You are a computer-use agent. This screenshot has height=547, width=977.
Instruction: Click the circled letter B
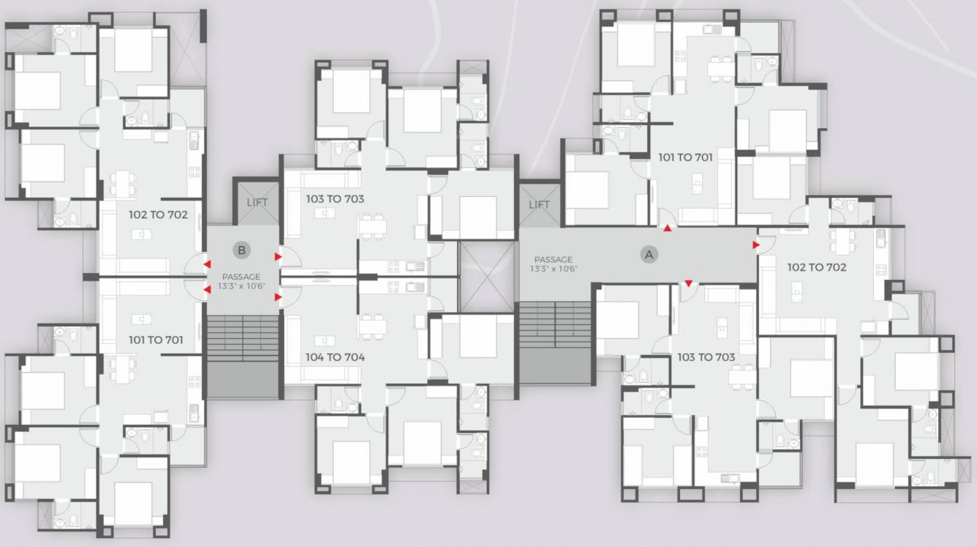(242, 250)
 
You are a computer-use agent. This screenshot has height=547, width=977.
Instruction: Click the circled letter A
(648, 255)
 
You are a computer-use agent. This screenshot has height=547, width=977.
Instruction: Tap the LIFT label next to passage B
(257, 202)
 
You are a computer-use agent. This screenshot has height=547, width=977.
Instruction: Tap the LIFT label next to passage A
(539, 205)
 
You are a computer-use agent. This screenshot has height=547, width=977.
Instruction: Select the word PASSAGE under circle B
(241, 276)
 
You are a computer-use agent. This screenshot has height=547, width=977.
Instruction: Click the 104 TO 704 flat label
(335, 357)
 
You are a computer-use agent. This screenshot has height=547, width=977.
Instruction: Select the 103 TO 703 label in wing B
(335, 198)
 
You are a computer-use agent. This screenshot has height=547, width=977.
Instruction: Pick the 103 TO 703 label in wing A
(706, 357)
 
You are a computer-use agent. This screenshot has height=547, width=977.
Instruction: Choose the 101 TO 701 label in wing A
(685, 157)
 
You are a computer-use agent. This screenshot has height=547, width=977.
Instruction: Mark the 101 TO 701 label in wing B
(156, 340)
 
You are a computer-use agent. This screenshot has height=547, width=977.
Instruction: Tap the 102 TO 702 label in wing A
(817, 267)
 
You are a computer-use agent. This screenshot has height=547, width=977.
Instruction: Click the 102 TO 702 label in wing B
(158, 215)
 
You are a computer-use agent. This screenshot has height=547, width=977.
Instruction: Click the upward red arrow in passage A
(667, 228)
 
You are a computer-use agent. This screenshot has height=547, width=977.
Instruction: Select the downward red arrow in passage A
(688, 283)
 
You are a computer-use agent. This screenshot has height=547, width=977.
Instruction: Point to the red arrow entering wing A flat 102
(756, 245)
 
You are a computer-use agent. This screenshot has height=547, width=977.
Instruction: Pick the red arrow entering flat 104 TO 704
(278, 297)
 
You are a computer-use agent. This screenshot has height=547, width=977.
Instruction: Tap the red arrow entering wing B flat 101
(207, 289)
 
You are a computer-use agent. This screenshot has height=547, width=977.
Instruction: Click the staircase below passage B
(243, 356)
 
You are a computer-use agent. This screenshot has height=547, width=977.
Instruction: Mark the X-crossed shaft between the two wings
(488, 270)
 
